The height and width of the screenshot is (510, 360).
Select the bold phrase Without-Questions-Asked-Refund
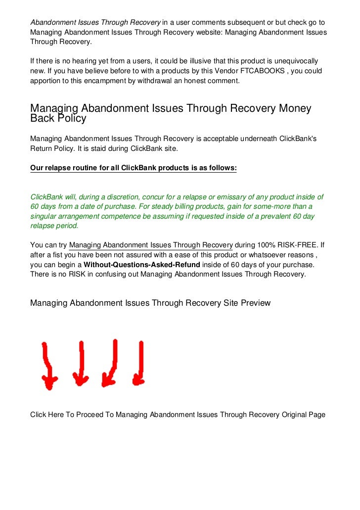pos(142,265)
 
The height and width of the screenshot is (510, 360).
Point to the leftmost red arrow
pos(48,366)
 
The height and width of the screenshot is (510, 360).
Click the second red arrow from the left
pos(80,364)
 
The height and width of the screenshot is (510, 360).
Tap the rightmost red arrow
pos(139,364)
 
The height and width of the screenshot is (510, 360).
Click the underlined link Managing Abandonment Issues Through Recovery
pos(151,245)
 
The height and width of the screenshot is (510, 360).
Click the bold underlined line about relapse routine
pos(134,168)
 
